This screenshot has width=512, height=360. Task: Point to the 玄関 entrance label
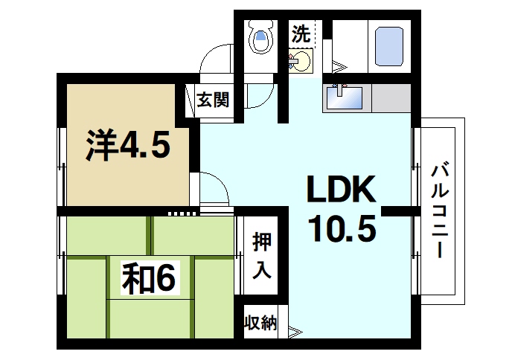point(212,100)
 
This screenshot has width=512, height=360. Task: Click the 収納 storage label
point(260,323)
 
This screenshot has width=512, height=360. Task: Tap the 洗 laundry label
point(301,33)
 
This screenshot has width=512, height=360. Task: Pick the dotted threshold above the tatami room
point(182,213)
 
